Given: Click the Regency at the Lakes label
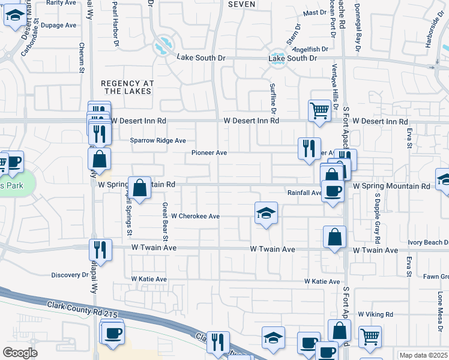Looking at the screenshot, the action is pos(127,87).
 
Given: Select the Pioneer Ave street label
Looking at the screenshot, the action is pos(209,152).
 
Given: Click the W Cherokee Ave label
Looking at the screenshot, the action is pos(195,215).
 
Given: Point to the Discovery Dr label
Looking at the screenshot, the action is pos(70,275).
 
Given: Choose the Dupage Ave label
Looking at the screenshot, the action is pos(59,25).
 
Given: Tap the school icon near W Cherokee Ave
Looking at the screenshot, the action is pos(266,213).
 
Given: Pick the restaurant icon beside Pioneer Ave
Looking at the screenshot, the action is pos(309,148).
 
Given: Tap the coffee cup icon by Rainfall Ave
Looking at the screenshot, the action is pos(334,193).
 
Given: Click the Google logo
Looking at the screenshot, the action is pos(20,353).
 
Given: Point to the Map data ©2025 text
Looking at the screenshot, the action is pos(423,355).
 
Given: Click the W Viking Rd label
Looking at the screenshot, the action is pos(375,314).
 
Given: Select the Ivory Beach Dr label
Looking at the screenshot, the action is pos(428,242).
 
